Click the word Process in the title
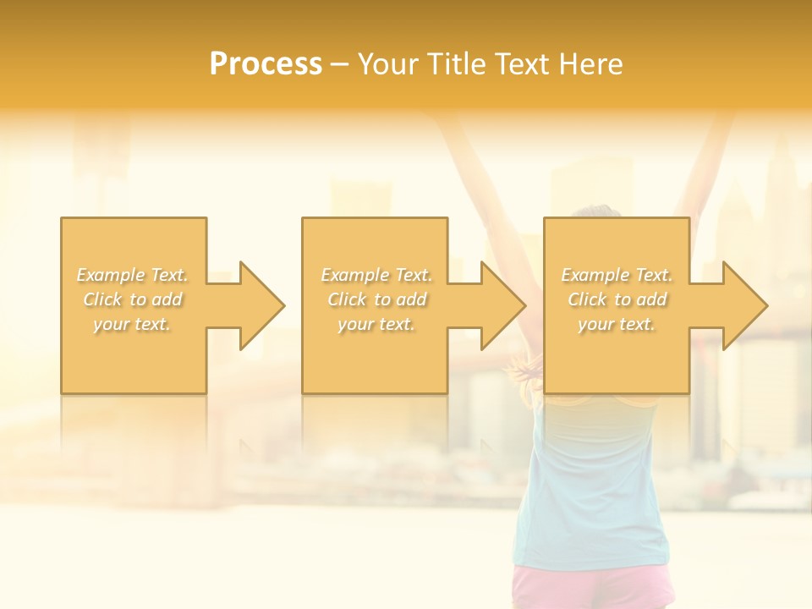click(266, 64)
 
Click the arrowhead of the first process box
click(261, 305)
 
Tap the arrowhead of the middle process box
click(503, 305)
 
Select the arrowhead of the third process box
click(745, 305)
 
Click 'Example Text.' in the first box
click(133, 275)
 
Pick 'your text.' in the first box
click(133, 323)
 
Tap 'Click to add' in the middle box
click(376, 299)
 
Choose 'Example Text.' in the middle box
click(376, 275)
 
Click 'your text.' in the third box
click(617, 323)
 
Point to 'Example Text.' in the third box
click(617, 275)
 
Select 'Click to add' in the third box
click(617, 299)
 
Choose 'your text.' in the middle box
click(376, 323)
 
